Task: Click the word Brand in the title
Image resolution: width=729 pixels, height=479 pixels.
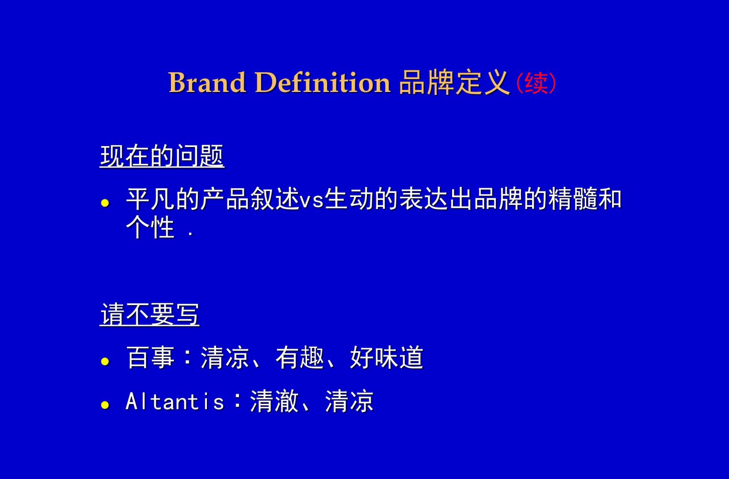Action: (207, 82)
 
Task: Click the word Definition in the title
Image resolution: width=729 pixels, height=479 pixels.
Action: (323, 82)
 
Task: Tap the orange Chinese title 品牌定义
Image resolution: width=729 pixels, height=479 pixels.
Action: (454, 82)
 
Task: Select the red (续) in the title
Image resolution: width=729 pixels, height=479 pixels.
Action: (536, 83)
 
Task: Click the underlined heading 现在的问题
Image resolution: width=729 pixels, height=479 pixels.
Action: (162, 156)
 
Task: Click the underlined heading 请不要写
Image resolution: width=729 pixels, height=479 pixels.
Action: (149, 315)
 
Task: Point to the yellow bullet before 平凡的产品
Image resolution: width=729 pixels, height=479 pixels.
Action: (105, 203)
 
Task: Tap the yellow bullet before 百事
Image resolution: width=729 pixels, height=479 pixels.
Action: (105, 361)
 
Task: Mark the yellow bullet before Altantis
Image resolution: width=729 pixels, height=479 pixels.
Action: (105, 405)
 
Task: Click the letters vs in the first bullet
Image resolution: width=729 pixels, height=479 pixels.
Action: (311, 199)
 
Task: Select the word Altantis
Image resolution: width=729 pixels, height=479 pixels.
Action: (175, 401)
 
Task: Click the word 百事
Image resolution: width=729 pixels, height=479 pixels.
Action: (150, 357)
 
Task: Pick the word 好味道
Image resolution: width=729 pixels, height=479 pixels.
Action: (387, 357)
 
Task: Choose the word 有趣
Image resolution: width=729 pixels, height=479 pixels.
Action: (300, 357)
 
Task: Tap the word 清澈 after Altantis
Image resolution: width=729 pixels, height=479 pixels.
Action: (274, 401)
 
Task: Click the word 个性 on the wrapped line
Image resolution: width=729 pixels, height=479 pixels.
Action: (150, 227)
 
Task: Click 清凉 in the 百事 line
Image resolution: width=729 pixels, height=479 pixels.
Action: (225, 357)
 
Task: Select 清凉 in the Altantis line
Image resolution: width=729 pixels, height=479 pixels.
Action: (349, 401)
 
